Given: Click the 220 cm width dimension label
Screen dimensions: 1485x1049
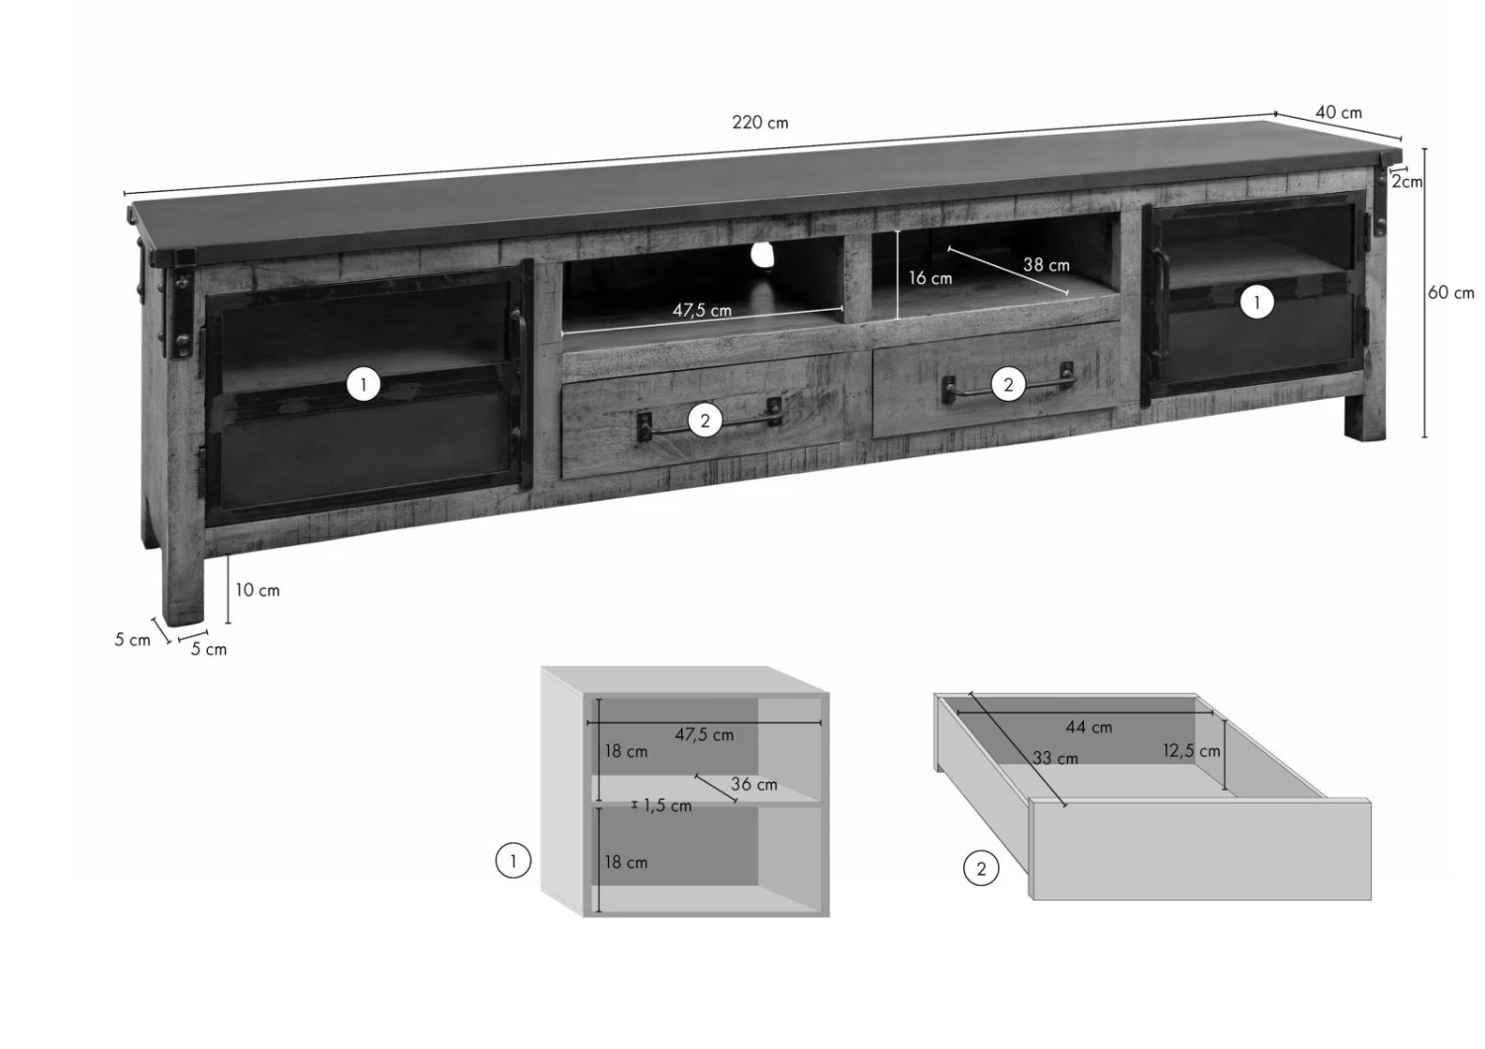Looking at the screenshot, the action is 759,123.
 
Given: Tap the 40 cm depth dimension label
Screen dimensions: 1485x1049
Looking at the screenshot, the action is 1338,113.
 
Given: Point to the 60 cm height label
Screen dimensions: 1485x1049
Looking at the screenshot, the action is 1450,292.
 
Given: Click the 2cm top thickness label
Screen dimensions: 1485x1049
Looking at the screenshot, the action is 1407,181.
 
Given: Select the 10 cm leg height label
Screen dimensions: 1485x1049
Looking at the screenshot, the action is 257,590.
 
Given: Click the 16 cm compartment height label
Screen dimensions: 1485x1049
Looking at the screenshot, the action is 931,278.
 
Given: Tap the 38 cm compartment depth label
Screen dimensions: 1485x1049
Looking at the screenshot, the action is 1046,265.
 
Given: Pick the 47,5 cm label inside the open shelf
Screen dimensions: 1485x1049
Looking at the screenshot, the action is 702,310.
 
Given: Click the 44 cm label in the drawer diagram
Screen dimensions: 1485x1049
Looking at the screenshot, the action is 1089,727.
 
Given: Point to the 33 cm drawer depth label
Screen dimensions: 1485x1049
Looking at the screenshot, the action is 1055,758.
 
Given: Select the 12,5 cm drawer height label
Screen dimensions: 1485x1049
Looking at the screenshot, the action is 1191,751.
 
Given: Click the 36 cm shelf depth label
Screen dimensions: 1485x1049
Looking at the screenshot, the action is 753,785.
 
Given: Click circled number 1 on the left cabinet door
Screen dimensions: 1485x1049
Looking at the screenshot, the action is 363,384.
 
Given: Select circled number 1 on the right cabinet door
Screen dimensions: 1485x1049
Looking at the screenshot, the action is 1256,303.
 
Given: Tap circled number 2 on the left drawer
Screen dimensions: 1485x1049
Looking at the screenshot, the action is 705,421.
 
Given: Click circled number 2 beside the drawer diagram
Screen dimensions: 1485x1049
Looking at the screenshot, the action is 980,869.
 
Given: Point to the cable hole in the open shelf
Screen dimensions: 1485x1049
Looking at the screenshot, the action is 761,255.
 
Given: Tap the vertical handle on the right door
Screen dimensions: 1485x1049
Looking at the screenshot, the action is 1158,304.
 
